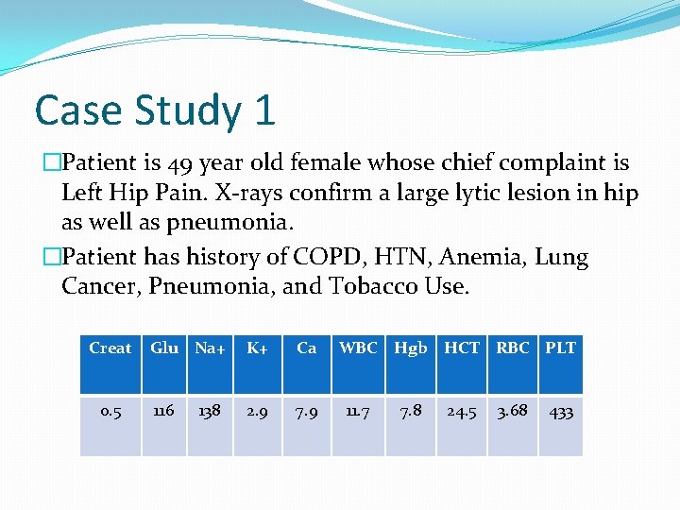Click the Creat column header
click(110, 348)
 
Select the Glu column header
click(164, 348)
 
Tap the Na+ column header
click(210, 348)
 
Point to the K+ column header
click(256, 348)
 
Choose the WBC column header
click(358, 348)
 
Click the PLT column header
click(560, 348)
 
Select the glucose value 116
click(164, 412)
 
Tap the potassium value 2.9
click(256, 412)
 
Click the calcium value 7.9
click(307, 412)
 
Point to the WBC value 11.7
click(358, 412)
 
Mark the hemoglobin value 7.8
click(411, 412)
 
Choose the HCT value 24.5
click(462, 412)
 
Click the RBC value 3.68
click(513, 412)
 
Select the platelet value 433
click(560, 412)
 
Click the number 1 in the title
click(263, 111)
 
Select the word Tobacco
click(366, 286)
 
